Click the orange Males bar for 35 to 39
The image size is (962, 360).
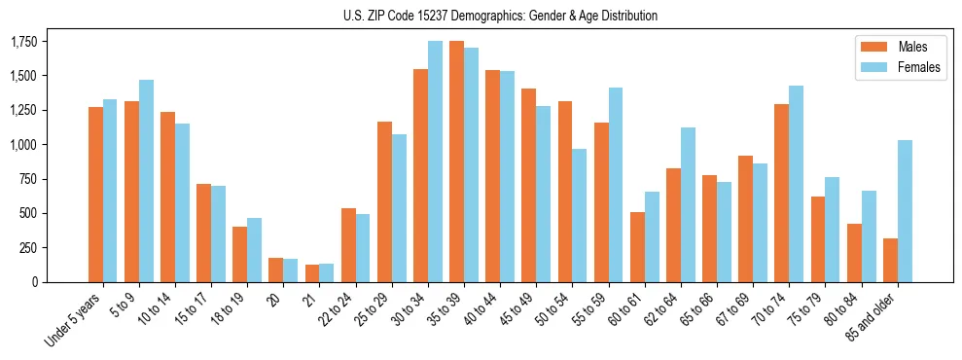[456, 162]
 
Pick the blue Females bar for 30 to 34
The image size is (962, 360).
[435, 162]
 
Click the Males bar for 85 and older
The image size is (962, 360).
[890, 260]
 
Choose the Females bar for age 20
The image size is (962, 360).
[291, 270]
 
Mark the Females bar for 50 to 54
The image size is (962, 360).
[580, 215]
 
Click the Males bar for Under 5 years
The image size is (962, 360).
[95, 195]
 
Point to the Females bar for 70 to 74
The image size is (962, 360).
[797, 184]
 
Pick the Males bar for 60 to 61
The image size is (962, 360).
[637, 247]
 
